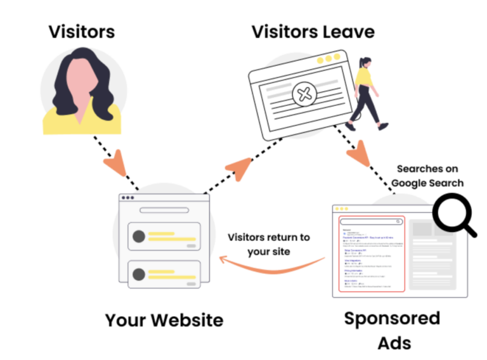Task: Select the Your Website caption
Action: (164, 319)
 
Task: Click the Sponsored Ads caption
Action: (392, 330)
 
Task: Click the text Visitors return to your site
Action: (269, 244)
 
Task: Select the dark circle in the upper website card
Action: (138, 237)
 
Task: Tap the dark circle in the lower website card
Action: (138, 273)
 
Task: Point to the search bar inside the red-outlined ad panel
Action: (372, 222)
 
